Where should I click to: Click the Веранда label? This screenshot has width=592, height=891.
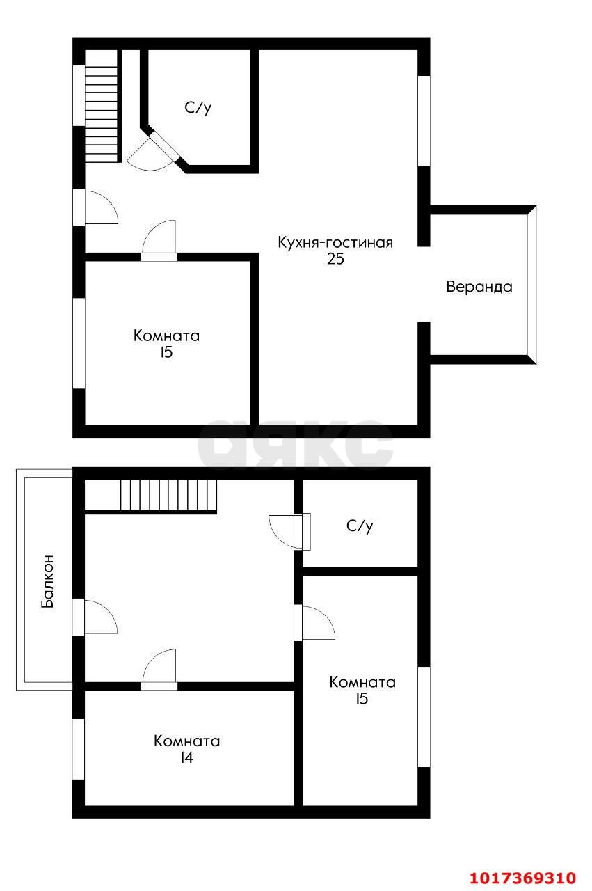tap(479, 287)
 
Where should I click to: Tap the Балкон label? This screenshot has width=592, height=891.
tap(47, 581)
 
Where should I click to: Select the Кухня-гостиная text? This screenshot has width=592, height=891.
tap(335, 242)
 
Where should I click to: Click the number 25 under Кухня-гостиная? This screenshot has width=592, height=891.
tap(335, 259)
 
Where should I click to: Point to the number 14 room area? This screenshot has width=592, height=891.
tap(186, 758)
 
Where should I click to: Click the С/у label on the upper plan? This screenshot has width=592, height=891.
tap(198, 107)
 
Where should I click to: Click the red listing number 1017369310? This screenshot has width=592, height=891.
tap(523, 877)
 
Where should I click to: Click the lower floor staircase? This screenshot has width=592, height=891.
tap(168, 495)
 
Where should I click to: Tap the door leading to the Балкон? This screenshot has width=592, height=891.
tap(95, 617)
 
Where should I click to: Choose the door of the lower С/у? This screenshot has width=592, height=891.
tap(289, 532)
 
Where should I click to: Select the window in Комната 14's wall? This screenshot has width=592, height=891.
tap(79, 749)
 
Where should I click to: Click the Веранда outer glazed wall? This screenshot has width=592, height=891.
tap(531, 285)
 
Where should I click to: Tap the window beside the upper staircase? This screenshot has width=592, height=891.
tap(79, 96)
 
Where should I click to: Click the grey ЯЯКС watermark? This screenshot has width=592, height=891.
tap(295, 444)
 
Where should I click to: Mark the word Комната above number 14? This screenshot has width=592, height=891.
tap(186, 741)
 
